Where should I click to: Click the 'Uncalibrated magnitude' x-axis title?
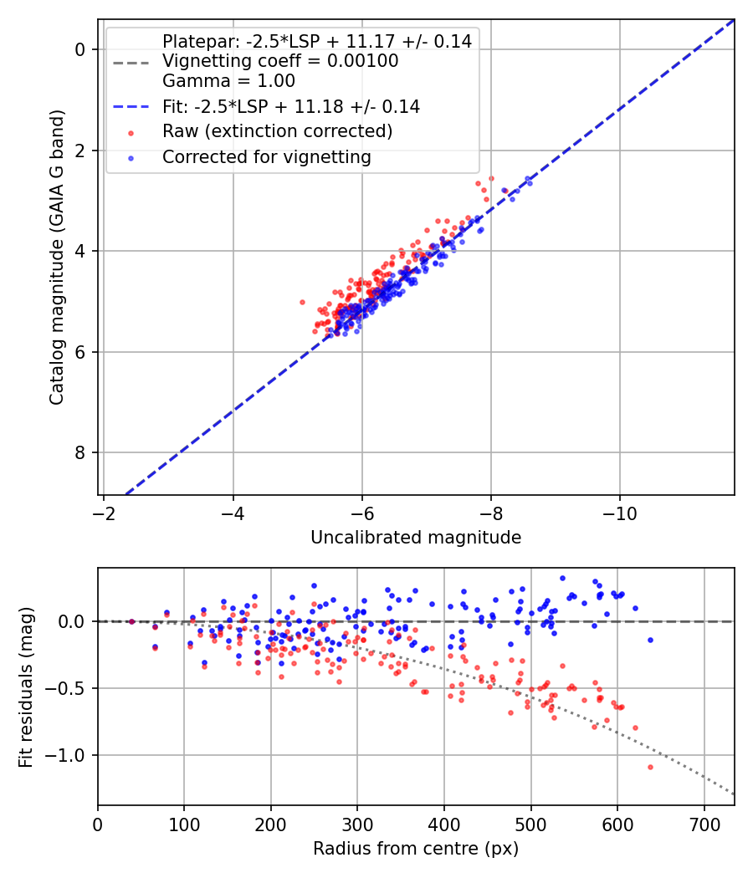click(416, 538)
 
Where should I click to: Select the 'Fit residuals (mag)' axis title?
click(26, 687)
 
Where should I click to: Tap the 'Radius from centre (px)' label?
click(416, 849)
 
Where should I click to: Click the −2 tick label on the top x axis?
click(104, 510)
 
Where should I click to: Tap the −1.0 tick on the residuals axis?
click(70, 755)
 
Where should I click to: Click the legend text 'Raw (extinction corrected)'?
click(277, 131)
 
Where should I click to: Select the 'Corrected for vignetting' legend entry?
click(266, 156)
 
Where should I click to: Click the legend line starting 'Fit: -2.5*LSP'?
click(291, 107)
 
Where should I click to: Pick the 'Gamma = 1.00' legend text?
click(228, 81)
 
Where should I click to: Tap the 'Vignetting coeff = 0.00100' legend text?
click(280, 61)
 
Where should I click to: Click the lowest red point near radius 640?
click(650, 767)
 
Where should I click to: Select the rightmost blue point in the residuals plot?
click(650, 640)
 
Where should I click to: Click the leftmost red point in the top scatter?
click(302, 302)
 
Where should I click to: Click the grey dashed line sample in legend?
click(130, 61)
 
